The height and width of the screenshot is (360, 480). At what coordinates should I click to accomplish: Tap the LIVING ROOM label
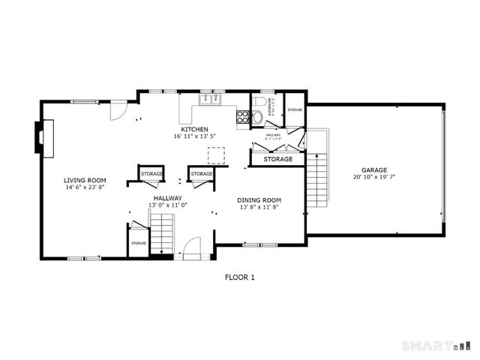point(84,181)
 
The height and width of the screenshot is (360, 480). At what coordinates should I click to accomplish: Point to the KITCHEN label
point(190,129)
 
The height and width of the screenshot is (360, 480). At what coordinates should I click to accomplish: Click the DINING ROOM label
point(259,199)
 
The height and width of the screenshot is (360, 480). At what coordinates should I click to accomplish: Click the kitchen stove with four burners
point(243,116)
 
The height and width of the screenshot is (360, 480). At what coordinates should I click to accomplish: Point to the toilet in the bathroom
point(258,103)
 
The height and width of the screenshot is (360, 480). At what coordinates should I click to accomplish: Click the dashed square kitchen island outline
point(217,154)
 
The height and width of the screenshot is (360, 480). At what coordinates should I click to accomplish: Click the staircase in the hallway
point(162,233)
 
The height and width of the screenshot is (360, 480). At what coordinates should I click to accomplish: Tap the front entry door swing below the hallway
point(192,247)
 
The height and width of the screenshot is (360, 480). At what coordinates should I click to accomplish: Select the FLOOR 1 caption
point(240,277)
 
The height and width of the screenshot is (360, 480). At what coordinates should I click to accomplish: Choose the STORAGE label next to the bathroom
point(295,110)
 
